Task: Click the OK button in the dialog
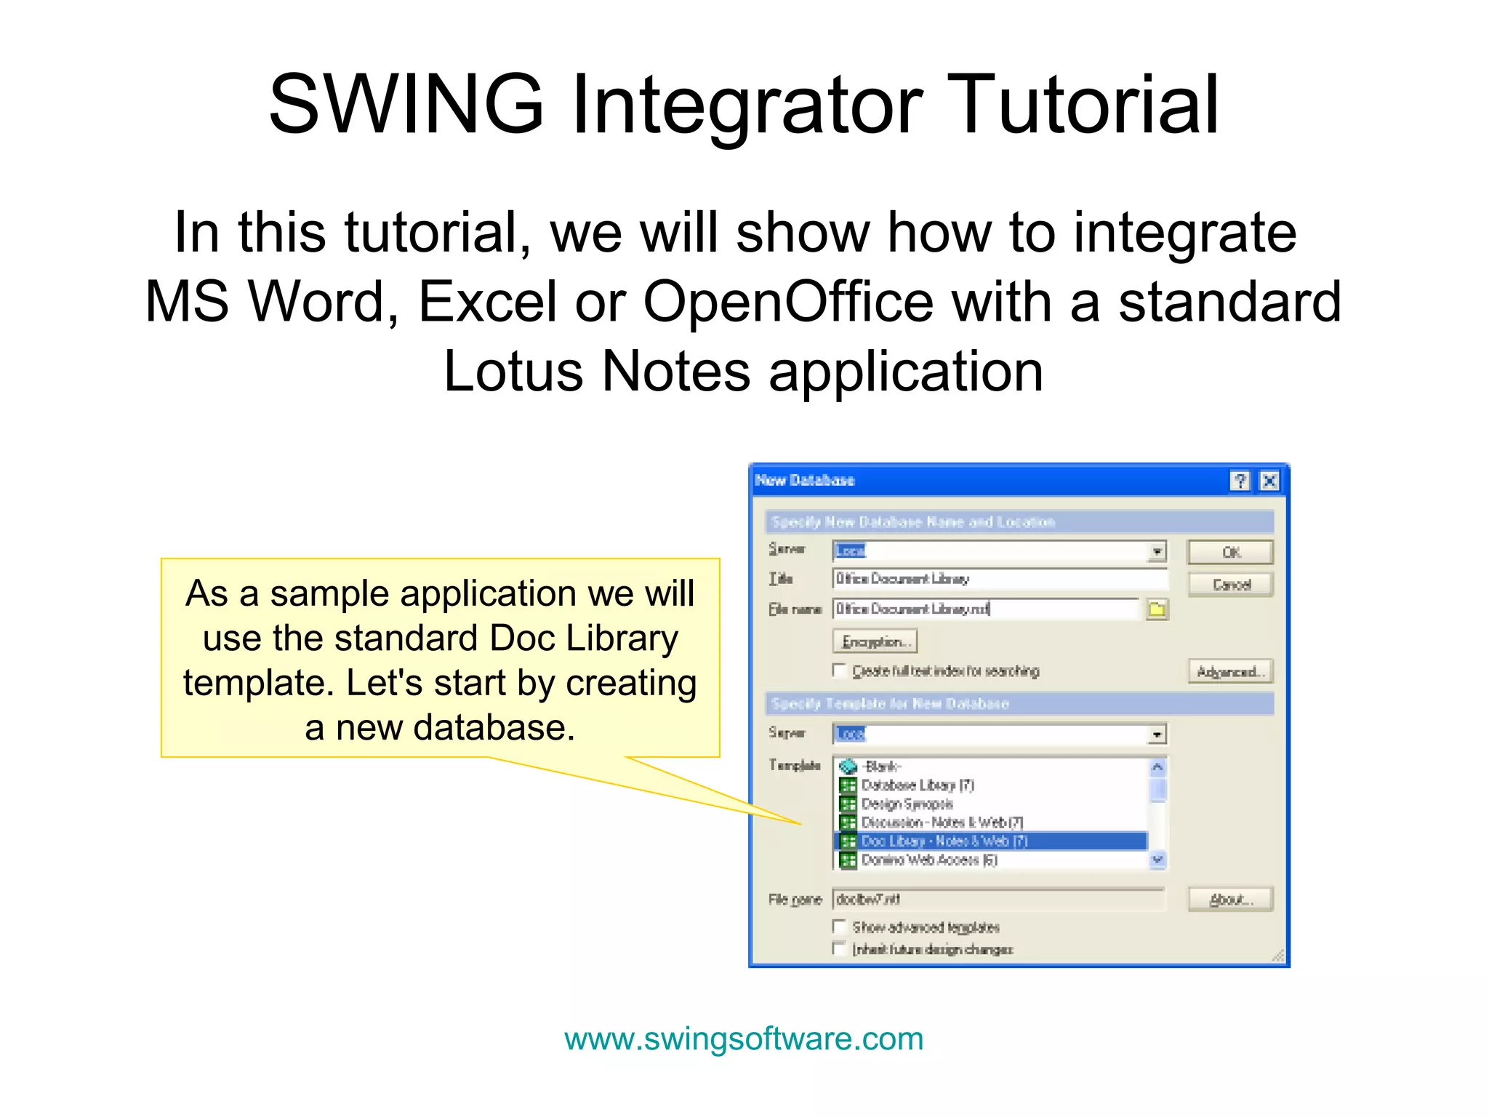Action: [1230, 552]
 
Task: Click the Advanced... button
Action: [1230, 671]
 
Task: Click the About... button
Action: [1230, 900]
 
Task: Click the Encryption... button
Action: [875, 641]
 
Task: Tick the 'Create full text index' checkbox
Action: [840, 670]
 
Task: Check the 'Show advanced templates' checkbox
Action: [840, 926]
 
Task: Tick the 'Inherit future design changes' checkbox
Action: [840, 948]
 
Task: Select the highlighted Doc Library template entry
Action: [944, 841]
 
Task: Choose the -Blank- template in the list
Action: [881, 766]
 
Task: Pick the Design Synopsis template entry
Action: [907, 804]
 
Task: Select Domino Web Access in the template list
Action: [928, 860]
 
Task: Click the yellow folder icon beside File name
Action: [1157, 609]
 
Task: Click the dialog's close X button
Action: [1269, 481]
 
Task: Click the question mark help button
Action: [1240, 481]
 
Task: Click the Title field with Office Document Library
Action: [1000, 579]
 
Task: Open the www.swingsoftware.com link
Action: [744, 1038]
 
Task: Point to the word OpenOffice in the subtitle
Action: [788, 302]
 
